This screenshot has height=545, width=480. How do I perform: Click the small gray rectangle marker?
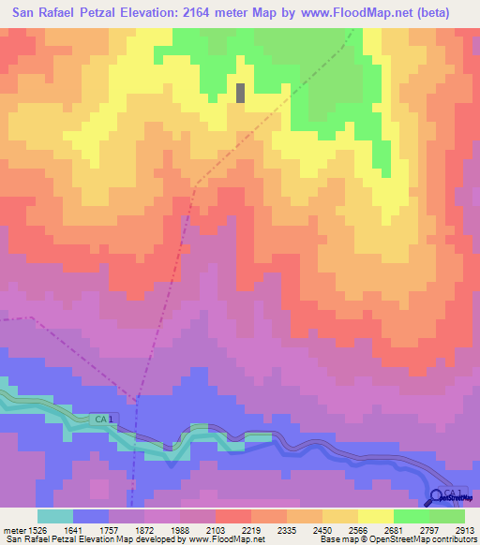click(241, 93)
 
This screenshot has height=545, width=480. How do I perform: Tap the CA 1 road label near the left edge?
click(102, 420)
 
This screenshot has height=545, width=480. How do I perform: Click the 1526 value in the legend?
click(37, 530)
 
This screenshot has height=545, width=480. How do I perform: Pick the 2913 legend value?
click(464, 530)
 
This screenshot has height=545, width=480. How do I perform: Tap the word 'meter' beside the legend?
click(13, 530)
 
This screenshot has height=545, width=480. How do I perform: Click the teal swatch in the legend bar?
click(54, 516)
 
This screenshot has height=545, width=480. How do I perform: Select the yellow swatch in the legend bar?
click(375, 516)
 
